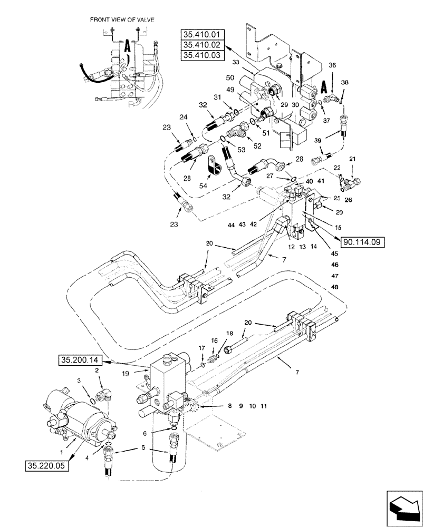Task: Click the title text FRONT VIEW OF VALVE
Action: [122, 19]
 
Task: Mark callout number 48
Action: [335, 287]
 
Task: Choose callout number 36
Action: [332, 65]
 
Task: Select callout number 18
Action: [229, 334]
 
